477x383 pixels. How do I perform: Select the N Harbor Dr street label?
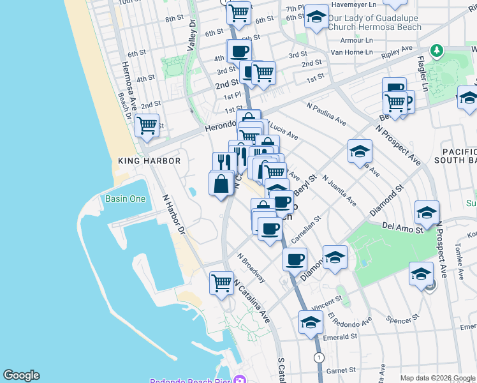[173, 214]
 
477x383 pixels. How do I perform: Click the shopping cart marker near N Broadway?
[221, 282]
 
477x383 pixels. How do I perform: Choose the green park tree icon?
[436, 50]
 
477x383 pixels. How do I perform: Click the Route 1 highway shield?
[318, 357]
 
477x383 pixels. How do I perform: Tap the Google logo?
[21, 375]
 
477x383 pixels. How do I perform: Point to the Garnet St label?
[341, 370]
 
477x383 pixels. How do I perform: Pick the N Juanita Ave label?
[339, 190]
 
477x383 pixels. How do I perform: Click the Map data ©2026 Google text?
[438, 378]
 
